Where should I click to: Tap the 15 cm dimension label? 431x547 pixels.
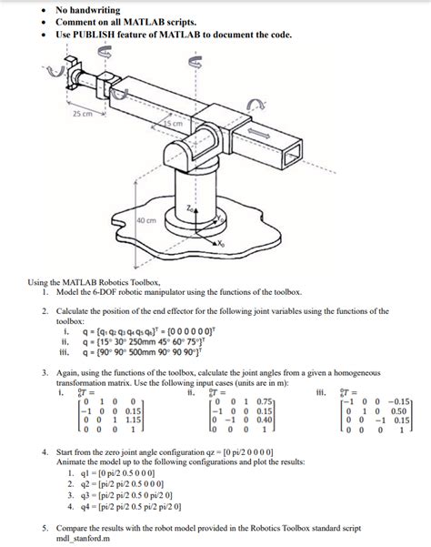[175, 124]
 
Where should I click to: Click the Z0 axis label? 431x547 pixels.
[189, 208]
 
